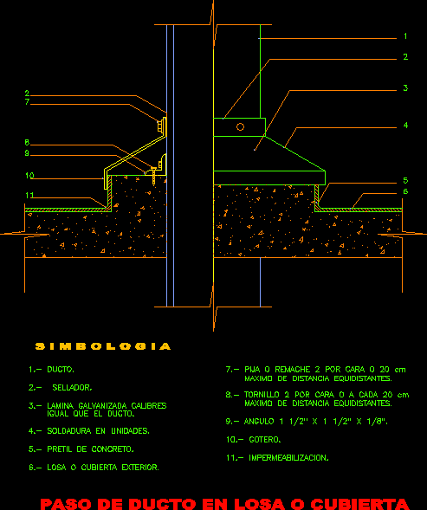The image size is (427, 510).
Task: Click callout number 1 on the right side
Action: tap(405, 36)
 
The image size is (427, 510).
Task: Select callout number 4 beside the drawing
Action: tap(405, 126)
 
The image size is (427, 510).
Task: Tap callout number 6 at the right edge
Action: tap(405, 191)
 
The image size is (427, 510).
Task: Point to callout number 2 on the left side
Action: tap(27, 94)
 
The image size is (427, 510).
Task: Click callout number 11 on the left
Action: tap(29, 196)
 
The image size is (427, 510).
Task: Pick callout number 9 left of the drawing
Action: tap(27, 153)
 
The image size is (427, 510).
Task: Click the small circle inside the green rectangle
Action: tap(240, 126)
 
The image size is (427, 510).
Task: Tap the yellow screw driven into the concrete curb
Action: tap(153, 176)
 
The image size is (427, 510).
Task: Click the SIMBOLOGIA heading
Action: tap(103, 346)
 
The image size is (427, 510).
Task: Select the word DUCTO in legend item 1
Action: tap(61, 370)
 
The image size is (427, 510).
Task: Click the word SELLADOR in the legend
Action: tap(72, 388)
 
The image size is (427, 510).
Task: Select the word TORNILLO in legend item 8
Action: tap(262, 395)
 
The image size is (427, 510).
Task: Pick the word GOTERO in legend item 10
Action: tap(264, 440)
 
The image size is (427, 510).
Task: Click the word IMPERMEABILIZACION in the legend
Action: tap(288, 458)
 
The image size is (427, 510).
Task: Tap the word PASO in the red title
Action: tap(67, 504)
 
